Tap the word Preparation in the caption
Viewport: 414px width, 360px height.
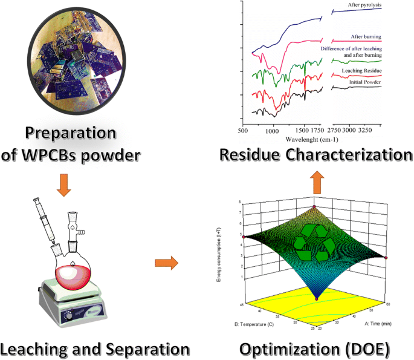point(71,134)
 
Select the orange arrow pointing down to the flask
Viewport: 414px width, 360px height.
point(63,185)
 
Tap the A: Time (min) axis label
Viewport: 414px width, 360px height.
point(382,324)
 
